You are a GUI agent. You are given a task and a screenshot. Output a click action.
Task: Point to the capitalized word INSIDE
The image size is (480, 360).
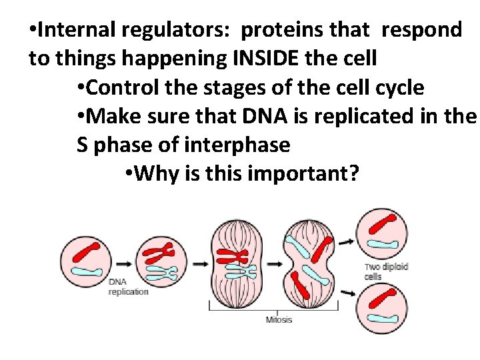point(263,59)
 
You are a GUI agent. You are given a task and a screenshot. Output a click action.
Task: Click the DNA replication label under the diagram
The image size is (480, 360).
point(128,287)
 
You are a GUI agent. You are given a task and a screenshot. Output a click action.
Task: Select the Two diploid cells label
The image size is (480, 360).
point(385,271)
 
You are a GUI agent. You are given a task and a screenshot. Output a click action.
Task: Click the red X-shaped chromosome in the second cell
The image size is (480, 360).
point(160,252)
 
